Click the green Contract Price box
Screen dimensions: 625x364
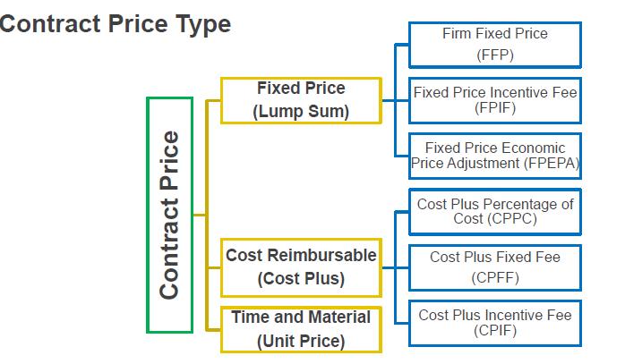(169, 215)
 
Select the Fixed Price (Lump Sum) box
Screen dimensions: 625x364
(301, 100)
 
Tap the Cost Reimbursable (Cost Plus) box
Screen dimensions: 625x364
(301, 267)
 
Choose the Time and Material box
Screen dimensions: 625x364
(301, 328)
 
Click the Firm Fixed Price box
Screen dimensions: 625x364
(494, 44)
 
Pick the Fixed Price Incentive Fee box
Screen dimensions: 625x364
(494, 99)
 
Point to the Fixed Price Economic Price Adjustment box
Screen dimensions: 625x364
(494, 155)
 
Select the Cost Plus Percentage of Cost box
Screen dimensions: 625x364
(494, 211)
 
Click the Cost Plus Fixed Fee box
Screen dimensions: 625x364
(494, 267)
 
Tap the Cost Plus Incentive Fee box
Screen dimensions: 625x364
(494, 322)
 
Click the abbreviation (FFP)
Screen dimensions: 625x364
(494, 55)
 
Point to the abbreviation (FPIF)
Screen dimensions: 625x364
(494, 108)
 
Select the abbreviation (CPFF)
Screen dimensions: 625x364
(494, 277)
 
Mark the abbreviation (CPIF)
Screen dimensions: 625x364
(494, 331)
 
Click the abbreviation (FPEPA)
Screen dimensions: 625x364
(551, 164)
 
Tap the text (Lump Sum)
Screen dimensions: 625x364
(301, 112)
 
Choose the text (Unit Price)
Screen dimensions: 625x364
(301, 341)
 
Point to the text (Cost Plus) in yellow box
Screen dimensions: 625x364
(301, 278)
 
